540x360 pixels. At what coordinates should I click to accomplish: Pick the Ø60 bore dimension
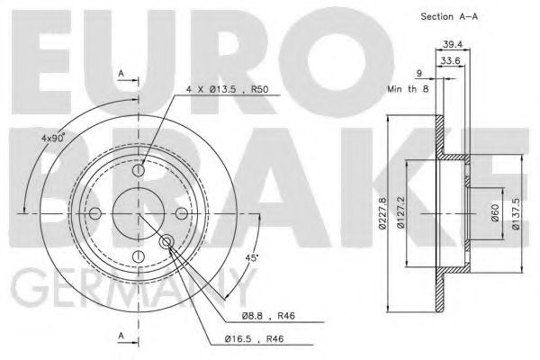click(493, 213)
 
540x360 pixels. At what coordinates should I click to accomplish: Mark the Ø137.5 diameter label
click(515, 213)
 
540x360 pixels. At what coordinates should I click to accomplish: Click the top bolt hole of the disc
click(138, 170)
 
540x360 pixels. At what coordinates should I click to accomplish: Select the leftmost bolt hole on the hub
click(95, 213)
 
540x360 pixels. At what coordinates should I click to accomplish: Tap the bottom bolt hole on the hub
click(138, 256)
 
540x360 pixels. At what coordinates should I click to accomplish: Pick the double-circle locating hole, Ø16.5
click(167, 242)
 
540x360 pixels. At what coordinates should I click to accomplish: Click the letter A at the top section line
click(121, 73)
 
